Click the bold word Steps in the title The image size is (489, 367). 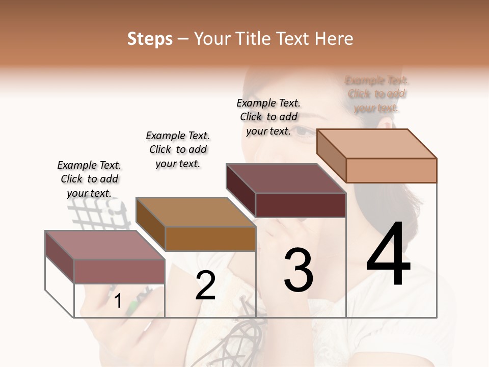point(150,39)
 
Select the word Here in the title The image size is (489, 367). point(334,39)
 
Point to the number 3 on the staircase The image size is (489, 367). point(298,270)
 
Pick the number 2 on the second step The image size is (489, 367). point(205,285)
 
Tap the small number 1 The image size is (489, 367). point(118,301)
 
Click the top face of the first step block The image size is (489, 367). point(104,245)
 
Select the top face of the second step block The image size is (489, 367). point(195,212)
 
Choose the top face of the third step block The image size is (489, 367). point(286,178)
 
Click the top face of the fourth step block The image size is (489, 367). point(376,143)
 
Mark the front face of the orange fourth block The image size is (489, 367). point(391,170)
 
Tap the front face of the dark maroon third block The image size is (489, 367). point(301,205)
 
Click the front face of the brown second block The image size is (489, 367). point(210,239)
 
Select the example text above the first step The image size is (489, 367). point(89,179)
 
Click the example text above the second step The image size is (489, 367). point(178,149)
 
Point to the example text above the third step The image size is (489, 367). point(268,117)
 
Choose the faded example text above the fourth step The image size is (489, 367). point(376,94)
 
